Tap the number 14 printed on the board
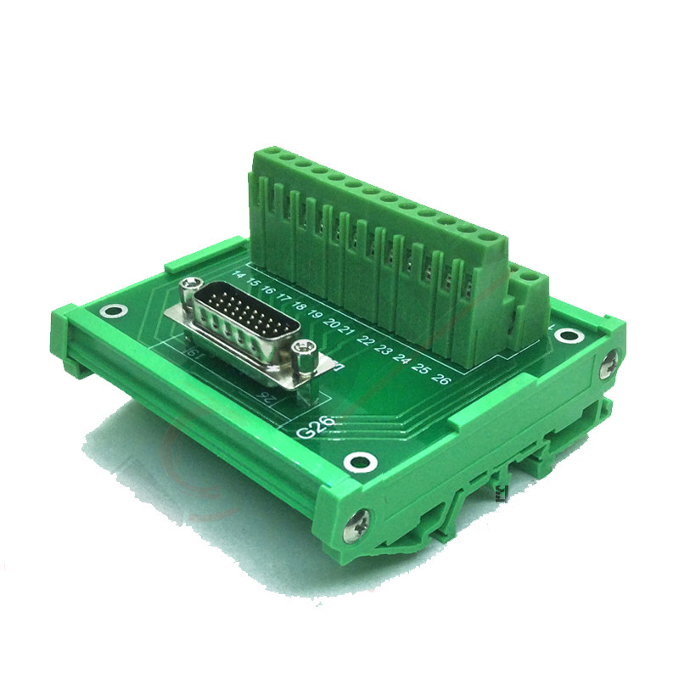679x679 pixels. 238,275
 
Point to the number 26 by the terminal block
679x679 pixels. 441,378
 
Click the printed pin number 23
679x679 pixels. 384,350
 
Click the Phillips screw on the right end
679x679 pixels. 607,364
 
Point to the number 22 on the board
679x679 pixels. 366,341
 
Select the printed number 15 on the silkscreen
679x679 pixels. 253,282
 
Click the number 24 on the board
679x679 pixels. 403,359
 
